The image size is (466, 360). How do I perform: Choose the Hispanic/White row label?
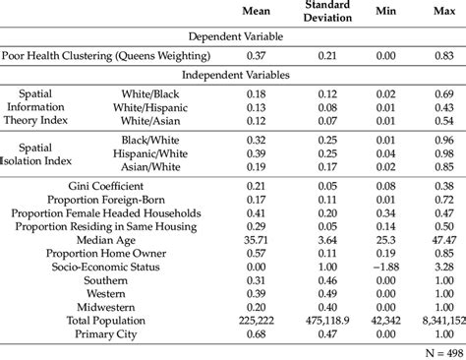point(162,154)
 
